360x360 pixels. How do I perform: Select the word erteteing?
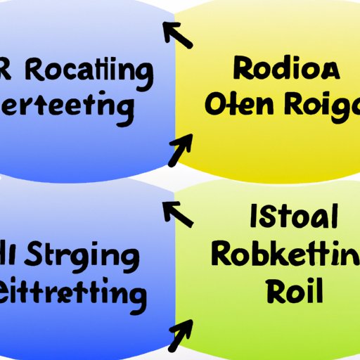point(67,107)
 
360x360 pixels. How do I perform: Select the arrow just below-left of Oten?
point(179,148)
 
